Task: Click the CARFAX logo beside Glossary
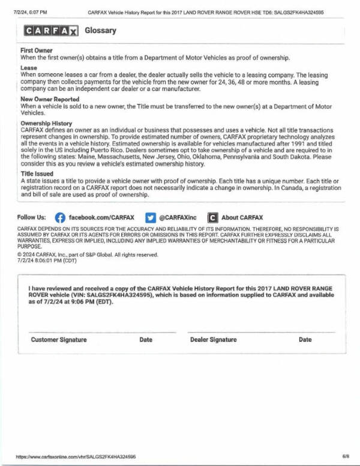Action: (x=50, y=31)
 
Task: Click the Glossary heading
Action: (x=100, y=31)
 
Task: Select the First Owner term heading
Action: (x=37, y=50)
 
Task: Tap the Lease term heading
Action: (x=29, y=68)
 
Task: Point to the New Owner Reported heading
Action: (x=50, y=98)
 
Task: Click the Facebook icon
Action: (x=60, y=217)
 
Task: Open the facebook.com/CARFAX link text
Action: (x=101, y=217)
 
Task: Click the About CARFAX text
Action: (x=242, y=217)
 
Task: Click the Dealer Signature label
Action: (x=213, y=340)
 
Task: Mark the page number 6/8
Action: (x=345, y=456)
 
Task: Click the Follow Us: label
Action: (x=32, y=217)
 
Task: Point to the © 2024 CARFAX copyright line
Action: (x=88, y=255)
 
